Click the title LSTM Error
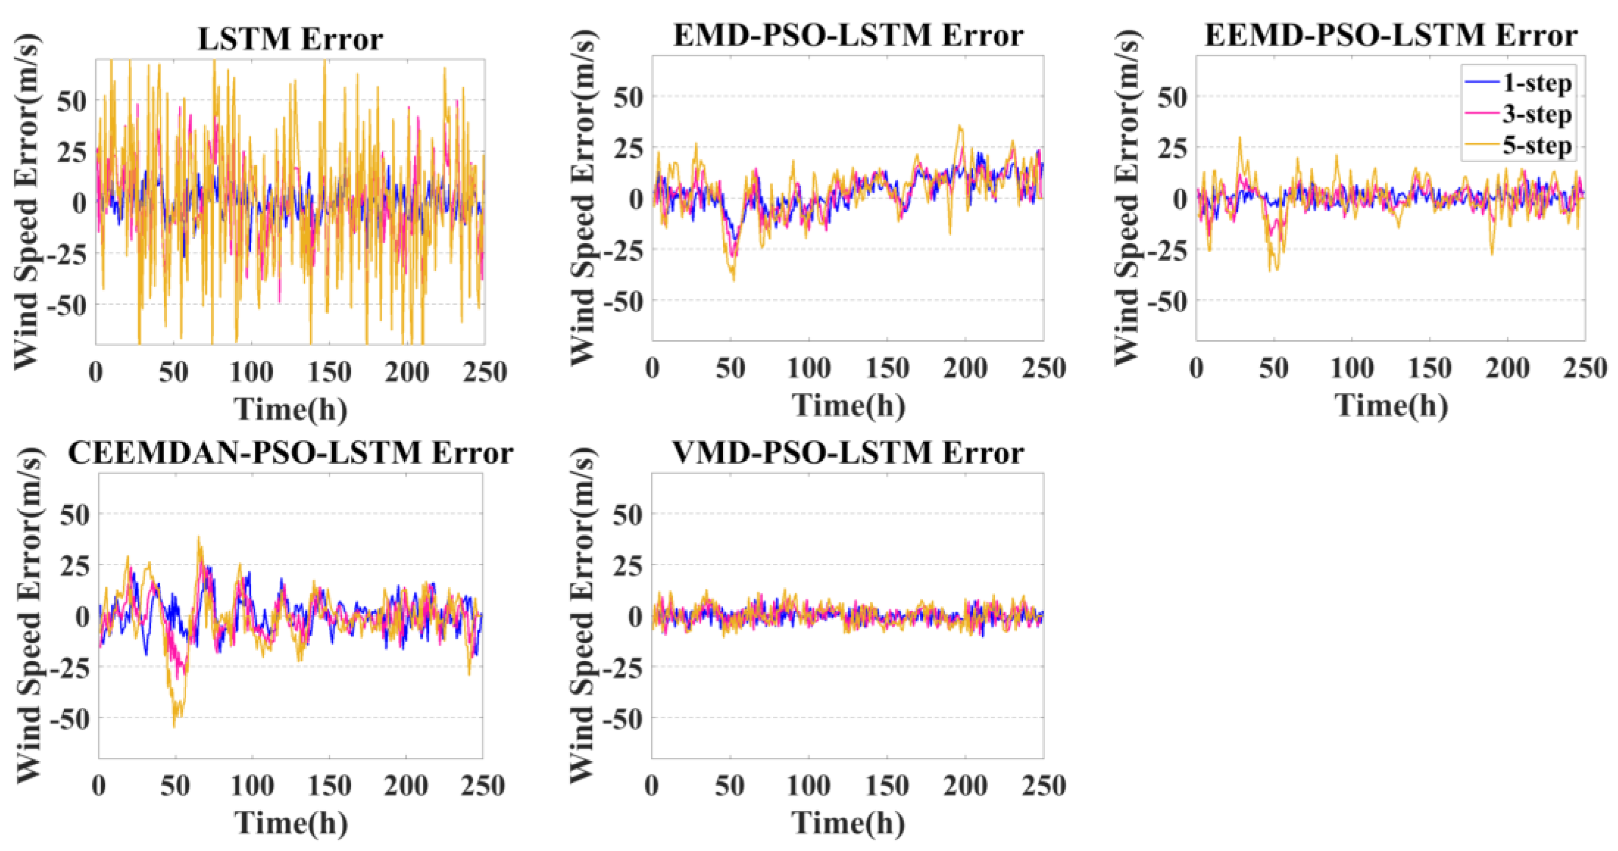tap(290, 39)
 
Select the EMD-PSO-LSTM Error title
tap(848, 35)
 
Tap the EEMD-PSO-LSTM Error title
tap(1391, 35)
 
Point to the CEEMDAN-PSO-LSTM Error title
tap(290, 452)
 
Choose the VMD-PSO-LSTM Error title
tap(848, 452)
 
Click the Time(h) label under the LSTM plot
tap(291, 409)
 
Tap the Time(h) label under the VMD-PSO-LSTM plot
tap(848, 823)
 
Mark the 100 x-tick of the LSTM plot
tap(251, 372)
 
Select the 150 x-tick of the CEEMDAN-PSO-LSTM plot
tap(329, 786)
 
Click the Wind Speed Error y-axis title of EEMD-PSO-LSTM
tap(1128, 198)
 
